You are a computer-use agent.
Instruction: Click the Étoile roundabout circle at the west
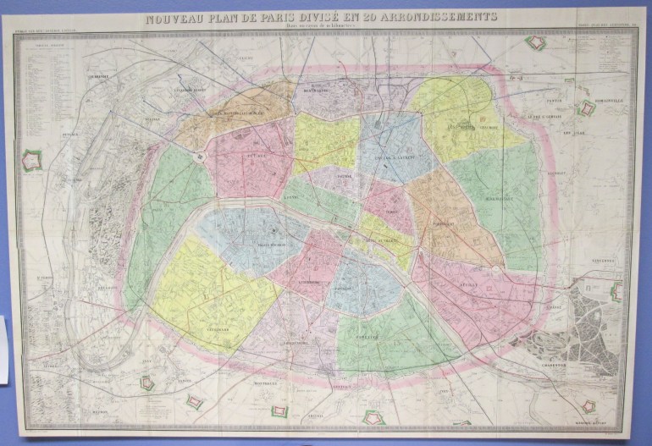pyautogui.click(x=201, y=157)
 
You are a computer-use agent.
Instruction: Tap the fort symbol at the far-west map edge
pyautogui.click(x=32, y=159)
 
